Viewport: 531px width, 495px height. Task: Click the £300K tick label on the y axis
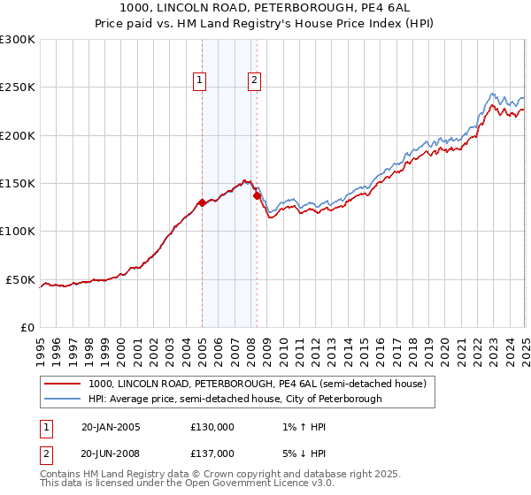18,40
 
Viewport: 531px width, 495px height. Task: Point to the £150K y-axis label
18,184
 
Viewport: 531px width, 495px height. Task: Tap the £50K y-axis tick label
21,280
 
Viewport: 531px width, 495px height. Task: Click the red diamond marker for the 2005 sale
202,202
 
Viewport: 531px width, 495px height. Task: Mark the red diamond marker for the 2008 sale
257,196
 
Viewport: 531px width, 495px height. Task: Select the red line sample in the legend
63,384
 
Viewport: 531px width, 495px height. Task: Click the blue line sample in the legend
63,399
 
